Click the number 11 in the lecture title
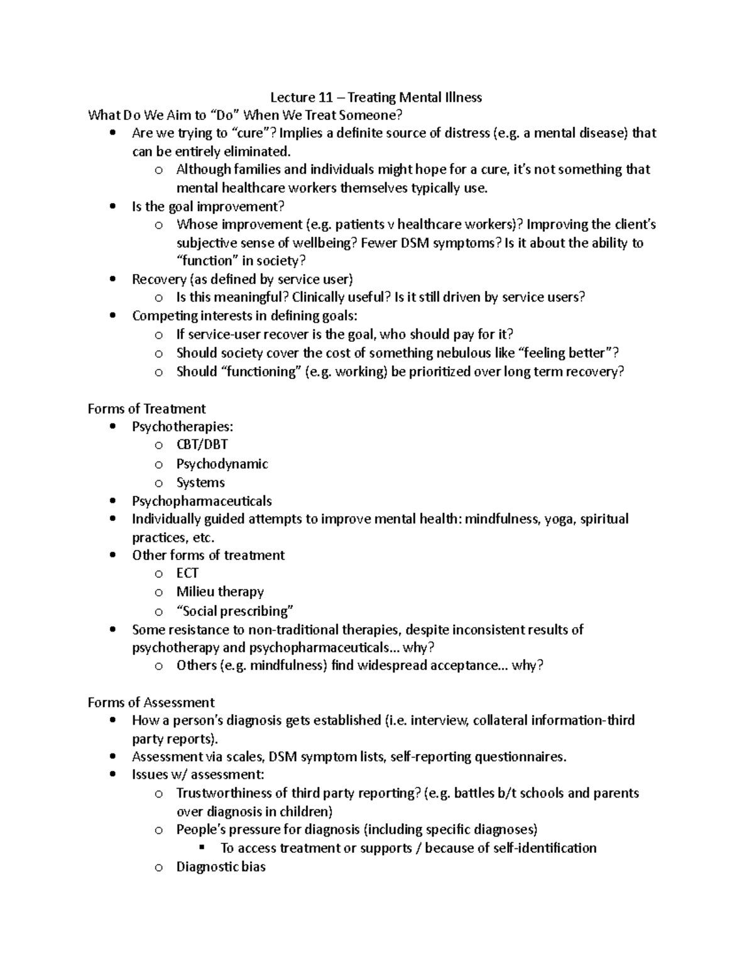[324, 97]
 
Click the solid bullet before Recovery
[112, 280]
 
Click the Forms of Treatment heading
[146, 408]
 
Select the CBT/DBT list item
[202, 445]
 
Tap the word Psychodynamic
[222, 464]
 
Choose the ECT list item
[187, 573]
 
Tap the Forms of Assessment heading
[151, 702]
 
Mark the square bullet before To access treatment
[202, 848]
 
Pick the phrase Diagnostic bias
[221, 867]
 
